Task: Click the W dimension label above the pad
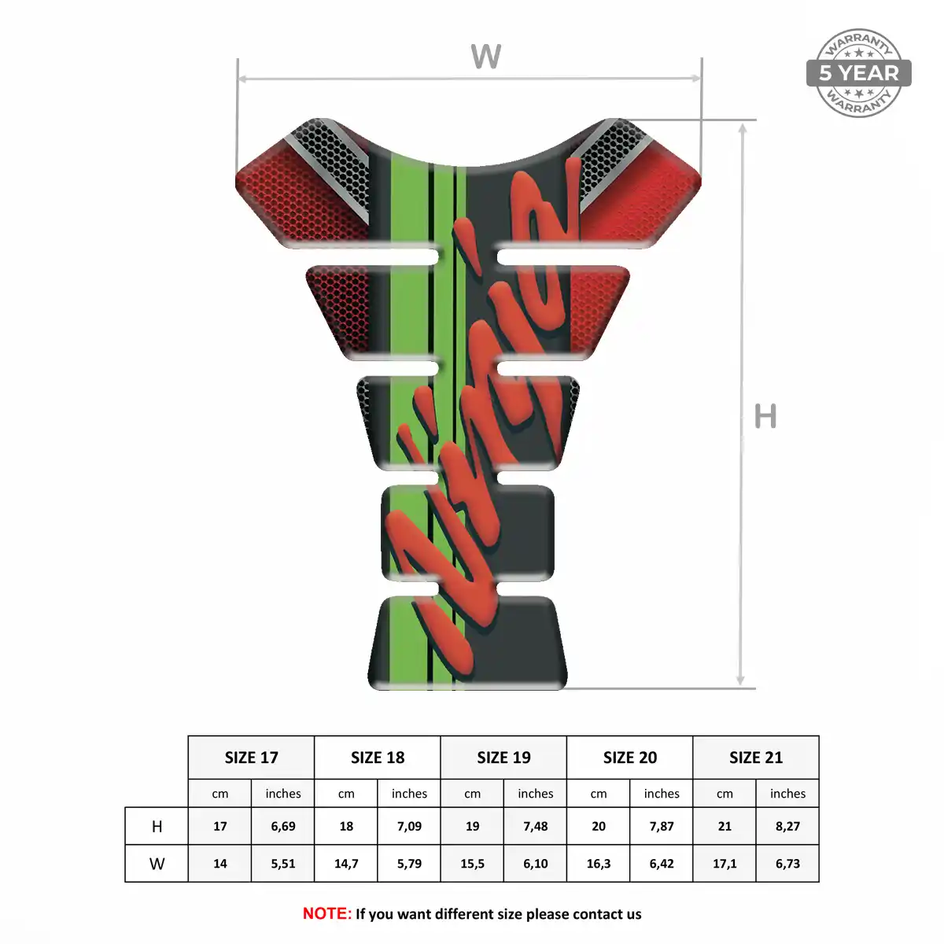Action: [x=485, y=56]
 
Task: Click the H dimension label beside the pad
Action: [x=765, y=416]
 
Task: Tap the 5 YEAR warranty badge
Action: [x=859, y=73]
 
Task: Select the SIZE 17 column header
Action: [x=251, y=758]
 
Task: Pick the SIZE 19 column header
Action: [x=503, y=758]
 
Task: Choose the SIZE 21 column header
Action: [x=756, y=758]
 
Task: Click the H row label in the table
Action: [x=157, y=827]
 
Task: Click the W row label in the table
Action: [x=157, y=864]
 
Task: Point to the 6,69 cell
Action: [x=283, y=827]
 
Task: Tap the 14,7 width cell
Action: [x=346, y=864]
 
